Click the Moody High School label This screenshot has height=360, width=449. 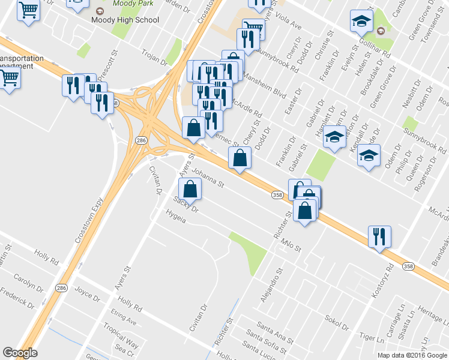coord(125,20)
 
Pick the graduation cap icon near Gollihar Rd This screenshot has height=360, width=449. coord(361,22)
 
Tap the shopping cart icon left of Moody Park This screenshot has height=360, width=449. coord(29,11)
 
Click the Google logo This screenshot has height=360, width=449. coord(20,353)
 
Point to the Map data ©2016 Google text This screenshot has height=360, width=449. coord(412,355)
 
